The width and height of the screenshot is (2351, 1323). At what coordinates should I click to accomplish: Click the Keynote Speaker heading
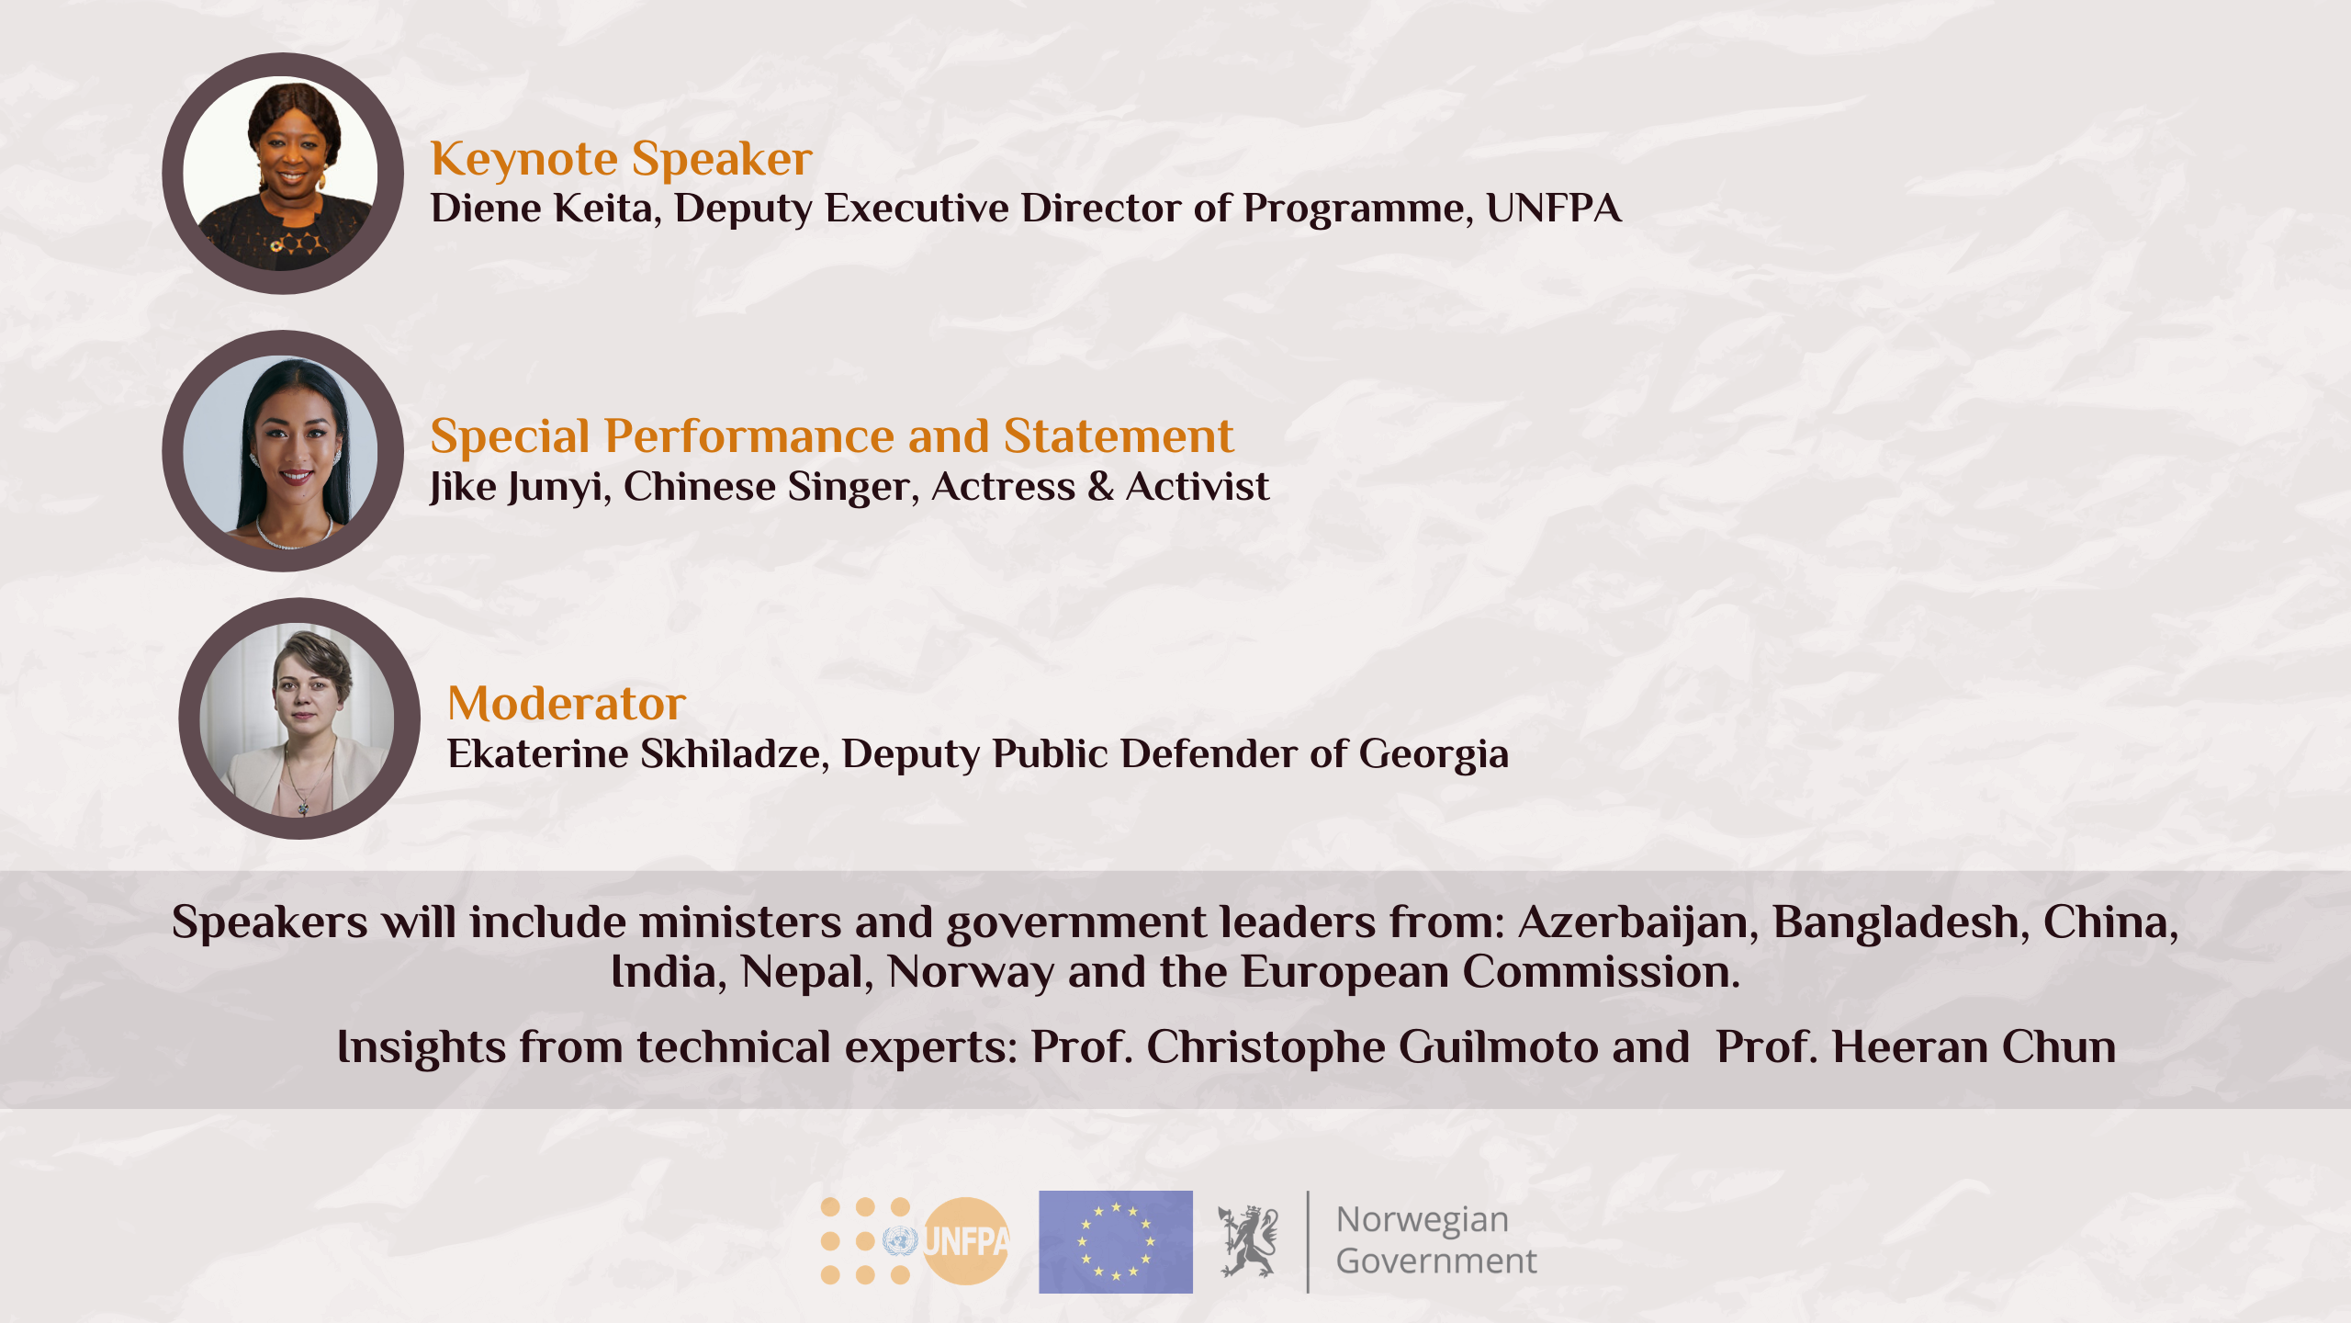point(622,159)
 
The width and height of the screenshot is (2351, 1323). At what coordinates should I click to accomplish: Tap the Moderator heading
point(567,704)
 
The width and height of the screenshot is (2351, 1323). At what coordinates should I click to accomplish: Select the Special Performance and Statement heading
point(832,435)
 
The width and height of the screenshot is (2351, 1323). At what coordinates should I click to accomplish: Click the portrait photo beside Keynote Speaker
point(283,174)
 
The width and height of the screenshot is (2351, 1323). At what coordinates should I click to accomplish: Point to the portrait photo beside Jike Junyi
point(283,451)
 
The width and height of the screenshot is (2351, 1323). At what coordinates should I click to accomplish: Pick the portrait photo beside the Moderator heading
point(299,718)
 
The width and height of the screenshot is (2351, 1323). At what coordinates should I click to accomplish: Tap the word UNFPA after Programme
point(1553,209)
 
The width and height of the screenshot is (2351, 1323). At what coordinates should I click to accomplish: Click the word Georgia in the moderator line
point(1434,755)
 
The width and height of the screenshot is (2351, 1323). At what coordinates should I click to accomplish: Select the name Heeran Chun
point(1974,1047)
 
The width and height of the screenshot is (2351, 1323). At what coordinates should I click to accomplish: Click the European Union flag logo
point(1116,1242)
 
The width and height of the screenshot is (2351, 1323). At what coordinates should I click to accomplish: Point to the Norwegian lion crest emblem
point(1247,1241)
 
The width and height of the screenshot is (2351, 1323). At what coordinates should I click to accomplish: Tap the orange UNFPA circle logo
point(965,1241)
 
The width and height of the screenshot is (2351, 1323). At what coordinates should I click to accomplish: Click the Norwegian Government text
point(1436,1240)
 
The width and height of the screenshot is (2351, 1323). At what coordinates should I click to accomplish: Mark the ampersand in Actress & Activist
point(1100,486)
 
